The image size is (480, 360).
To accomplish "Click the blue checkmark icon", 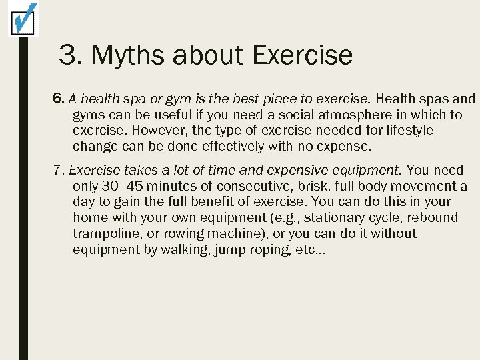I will point(23,19).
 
